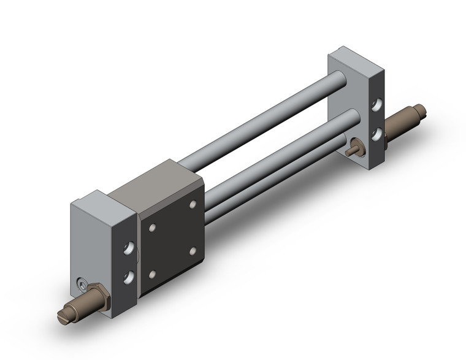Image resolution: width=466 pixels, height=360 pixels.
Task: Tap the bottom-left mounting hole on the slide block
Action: [x=152, y=274]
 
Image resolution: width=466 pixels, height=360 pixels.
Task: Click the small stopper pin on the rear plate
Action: [x=353, y=151]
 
